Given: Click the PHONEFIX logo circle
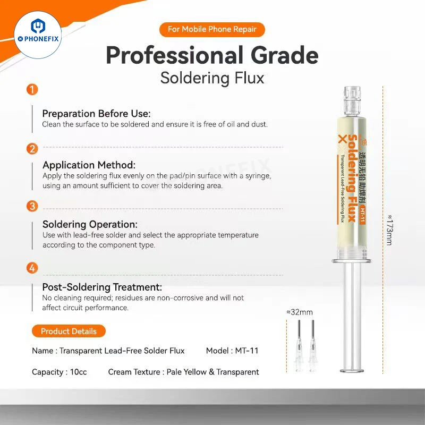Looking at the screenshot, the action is click(38, 35).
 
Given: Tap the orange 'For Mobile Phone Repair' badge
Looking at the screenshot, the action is click(212, 29).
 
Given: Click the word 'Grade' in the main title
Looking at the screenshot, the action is click(284, 55).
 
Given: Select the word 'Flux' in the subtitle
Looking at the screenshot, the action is click(249, 78).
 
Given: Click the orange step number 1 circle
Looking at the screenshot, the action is click(32, 90).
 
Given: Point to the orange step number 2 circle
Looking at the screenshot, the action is click(32, 149).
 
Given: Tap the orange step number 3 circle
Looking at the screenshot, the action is click(32, 206).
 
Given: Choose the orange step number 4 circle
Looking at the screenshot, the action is click(32, 268).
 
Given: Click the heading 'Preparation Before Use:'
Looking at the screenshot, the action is click(96, 114).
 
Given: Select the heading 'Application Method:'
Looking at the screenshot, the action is click(89, 165).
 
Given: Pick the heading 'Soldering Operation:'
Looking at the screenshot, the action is click(90, 224).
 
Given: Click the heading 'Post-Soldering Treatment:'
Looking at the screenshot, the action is click(102, 287).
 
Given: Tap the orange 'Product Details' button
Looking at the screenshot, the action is click(69, 331).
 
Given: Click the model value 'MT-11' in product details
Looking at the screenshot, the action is click(246, 351).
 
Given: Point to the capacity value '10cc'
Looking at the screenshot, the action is click(78, 372).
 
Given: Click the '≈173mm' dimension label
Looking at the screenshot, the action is click(389, 230).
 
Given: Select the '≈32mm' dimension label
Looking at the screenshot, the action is click(300, 312).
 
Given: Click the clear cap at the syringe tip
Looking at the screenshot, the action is click(352, 101).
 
